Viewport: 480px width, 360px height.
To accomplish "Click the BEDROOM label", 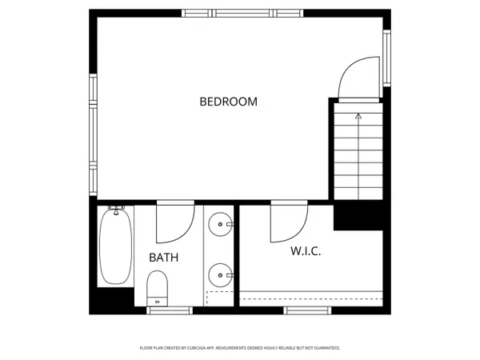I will tap(228, 102).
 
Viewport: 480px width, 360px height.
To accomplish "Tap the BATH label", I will tap(163, 258).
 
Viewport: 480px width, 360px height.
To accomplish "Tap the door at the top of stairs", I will tap(358, 78).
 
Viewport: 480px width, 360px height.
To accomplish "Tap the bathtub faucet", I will tap(118, 210).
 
